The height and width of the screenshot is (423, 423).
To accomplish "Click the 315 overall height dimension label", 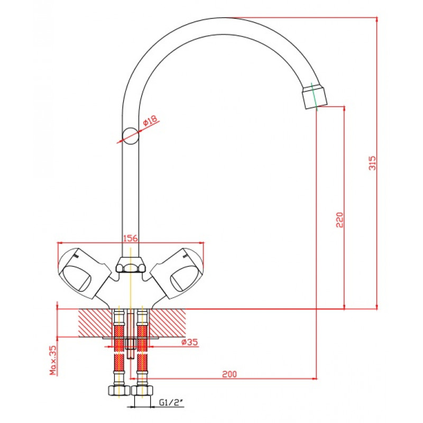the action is [x=372, y=163].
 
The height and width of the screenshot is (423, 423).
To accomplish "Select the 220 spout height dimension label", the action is [x=340, y=220].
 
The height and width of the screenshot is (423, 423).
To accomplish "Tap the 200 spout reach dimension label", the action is [x=229, y=374].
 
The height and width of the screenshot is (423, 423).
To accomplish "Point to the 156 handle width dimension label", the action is [x=131, y=238].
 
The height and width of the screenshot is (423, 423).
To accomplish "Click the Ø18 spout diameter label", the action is [x=150, y=121].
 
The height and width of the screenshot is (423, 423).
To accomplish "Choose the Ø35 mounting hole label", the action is [x=190, y=342].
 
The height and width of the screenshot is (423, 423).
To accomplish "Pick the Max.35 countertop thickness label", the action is [x=53, y=360].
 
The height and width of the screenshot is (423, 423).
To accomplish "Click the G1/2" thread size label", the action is [x=171, y=403].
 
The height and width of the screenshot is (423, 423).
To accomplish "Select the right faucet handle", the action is [x=177, y=273].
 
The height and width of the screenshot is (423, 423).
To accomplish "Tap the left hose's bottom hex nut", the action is [x=119, y=390].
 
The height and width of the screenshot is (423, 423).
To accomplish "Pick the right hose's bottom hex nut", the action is [x=142, y=390].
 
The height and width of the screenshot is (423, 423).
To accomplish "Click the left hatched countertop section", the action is [x=95, y=323].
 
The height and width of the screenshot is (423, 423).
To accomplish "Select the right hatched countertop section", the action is [x=167, y=323].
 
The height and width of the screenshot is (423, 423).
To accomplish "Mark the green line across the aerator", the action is [x=315, y=97].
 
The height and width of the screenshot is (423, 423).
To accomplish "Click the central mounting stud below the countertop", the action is [x=131, y=335].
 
